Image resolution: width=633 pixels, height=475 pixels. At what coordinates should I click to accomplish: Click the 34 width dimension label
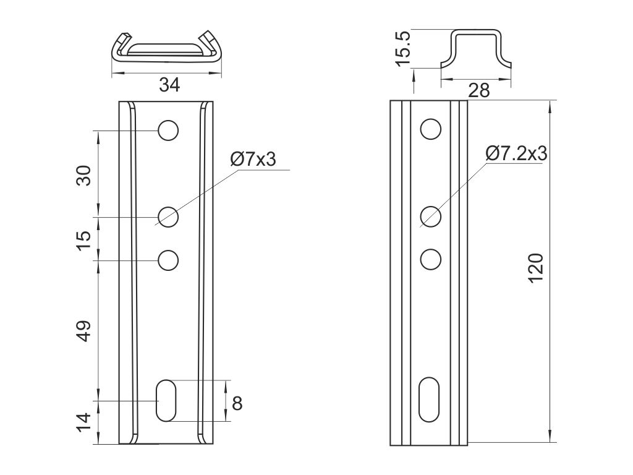tap(169, 85)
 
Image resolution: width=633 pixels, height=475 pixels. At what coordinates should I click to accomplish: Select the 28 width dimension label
tap(479, 90)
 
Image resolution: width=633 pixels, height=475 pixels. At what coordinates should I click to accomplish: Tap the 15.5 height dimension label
tap(403, 48)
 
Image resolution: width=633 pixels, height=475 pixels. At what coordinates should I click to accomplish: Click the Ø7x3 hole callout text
tap(253, 159)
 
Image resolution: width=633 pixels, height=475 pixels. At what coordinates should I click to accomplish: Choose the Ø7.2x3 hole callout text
tap(517, 153)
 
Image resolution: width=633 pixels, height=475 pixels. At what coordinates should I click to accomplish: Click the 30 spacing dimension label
tap(84, 175)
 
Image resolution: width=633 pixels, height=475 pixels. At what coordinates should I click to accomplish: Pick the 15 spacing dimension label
tap(84, 241)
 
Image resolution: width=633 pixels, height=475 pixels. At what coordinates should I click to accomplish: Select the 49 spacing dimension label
tap(84, 332)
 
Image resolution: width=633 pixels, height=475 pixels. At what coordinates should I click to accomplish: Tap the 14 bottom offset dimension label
tap(84, 423)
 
